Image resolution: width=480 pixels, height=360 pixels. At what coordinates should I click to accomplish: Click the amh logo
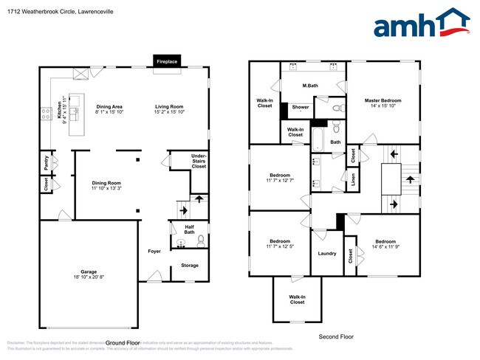[420, 24]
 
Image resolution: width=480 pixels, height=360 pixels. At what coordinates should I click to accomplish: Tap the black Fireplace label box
[166, 62]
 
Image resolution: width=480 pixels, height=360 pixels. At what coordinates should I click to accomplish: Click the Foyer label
[154, 252]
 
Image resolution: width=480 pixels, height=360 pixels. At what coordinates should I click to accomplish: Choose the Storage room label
[190, 265]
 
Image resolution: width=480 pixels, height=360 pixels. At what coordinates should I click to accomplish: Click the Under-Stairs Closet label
[199, 162]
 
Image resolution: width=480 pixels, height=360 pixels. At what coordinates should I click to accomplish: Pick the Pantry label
[46, 162]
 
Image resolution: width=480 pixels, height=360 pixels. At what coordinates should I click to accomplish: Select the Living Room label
[168, 106]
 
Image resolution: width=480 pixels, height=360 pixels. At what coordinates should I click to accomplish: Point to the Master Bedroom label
[384, 100]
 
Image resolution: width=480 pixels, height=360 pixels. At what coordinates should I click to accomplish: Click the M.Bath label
[309, 86]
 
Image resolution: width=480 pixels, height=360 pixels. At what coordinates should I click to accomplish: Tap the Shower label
[301, 107]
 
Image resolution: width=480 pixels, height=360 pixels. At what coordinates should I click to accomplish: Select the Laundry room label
[327, 253]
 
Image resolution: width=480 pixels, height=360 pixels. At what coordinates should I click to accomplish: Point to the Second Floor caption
[336, 336]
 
